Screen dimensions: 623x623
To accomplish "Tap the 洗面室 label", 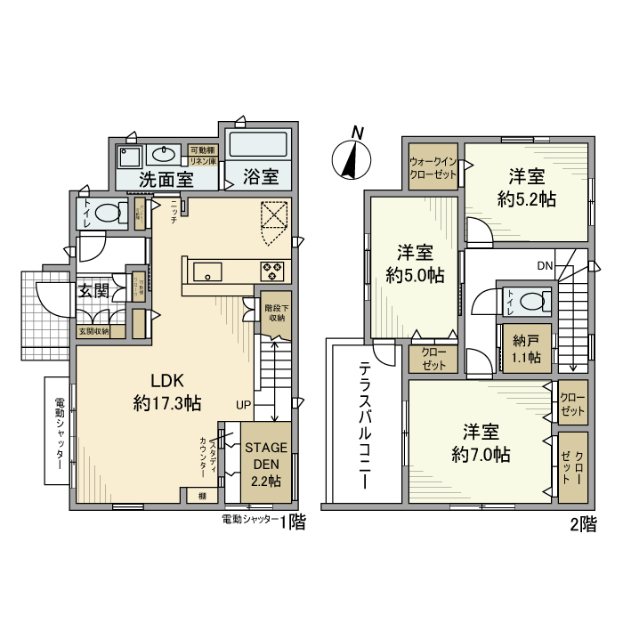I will pos(166,178).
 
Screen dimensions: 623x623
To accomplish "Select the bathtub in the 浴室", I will pos(257,145).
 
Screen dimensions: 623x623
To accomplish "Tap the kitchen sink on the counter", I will pos(206,271).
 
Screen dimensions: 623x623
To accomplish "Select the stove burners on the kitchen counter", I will pos(271,271).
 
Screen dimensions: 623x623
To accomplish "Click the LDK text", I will pos(166,378).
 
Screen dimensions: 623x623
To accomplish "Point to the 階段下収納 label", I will pos(275,312).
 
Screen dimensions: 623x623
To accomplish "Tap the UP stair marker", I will pos(243,404).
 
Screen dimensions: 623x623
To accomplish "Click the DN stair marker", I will pos(545,265).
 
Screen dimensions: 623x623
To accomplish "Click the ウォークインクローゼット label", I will pos(433,168).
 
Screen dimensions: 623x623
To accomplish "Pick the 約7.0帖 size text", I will pos(480,455).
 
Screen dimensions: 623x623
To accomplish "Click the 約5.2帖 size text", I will pos(527,199).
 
